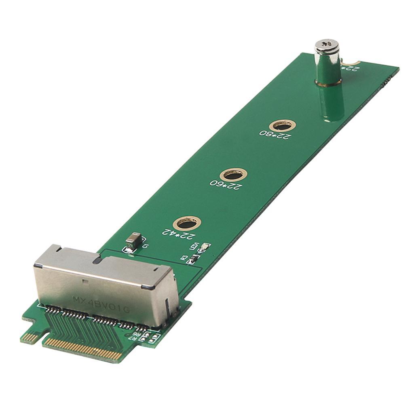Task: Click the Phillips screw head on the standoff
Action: pos(327,46)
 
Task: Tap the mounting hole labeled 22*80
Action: pos(282,125)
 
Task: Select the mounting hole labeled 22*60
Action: pos(233,175)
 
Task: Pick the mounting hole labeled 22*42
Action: pos(187,223)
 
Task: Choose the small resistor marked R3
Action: pos(194,258)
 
